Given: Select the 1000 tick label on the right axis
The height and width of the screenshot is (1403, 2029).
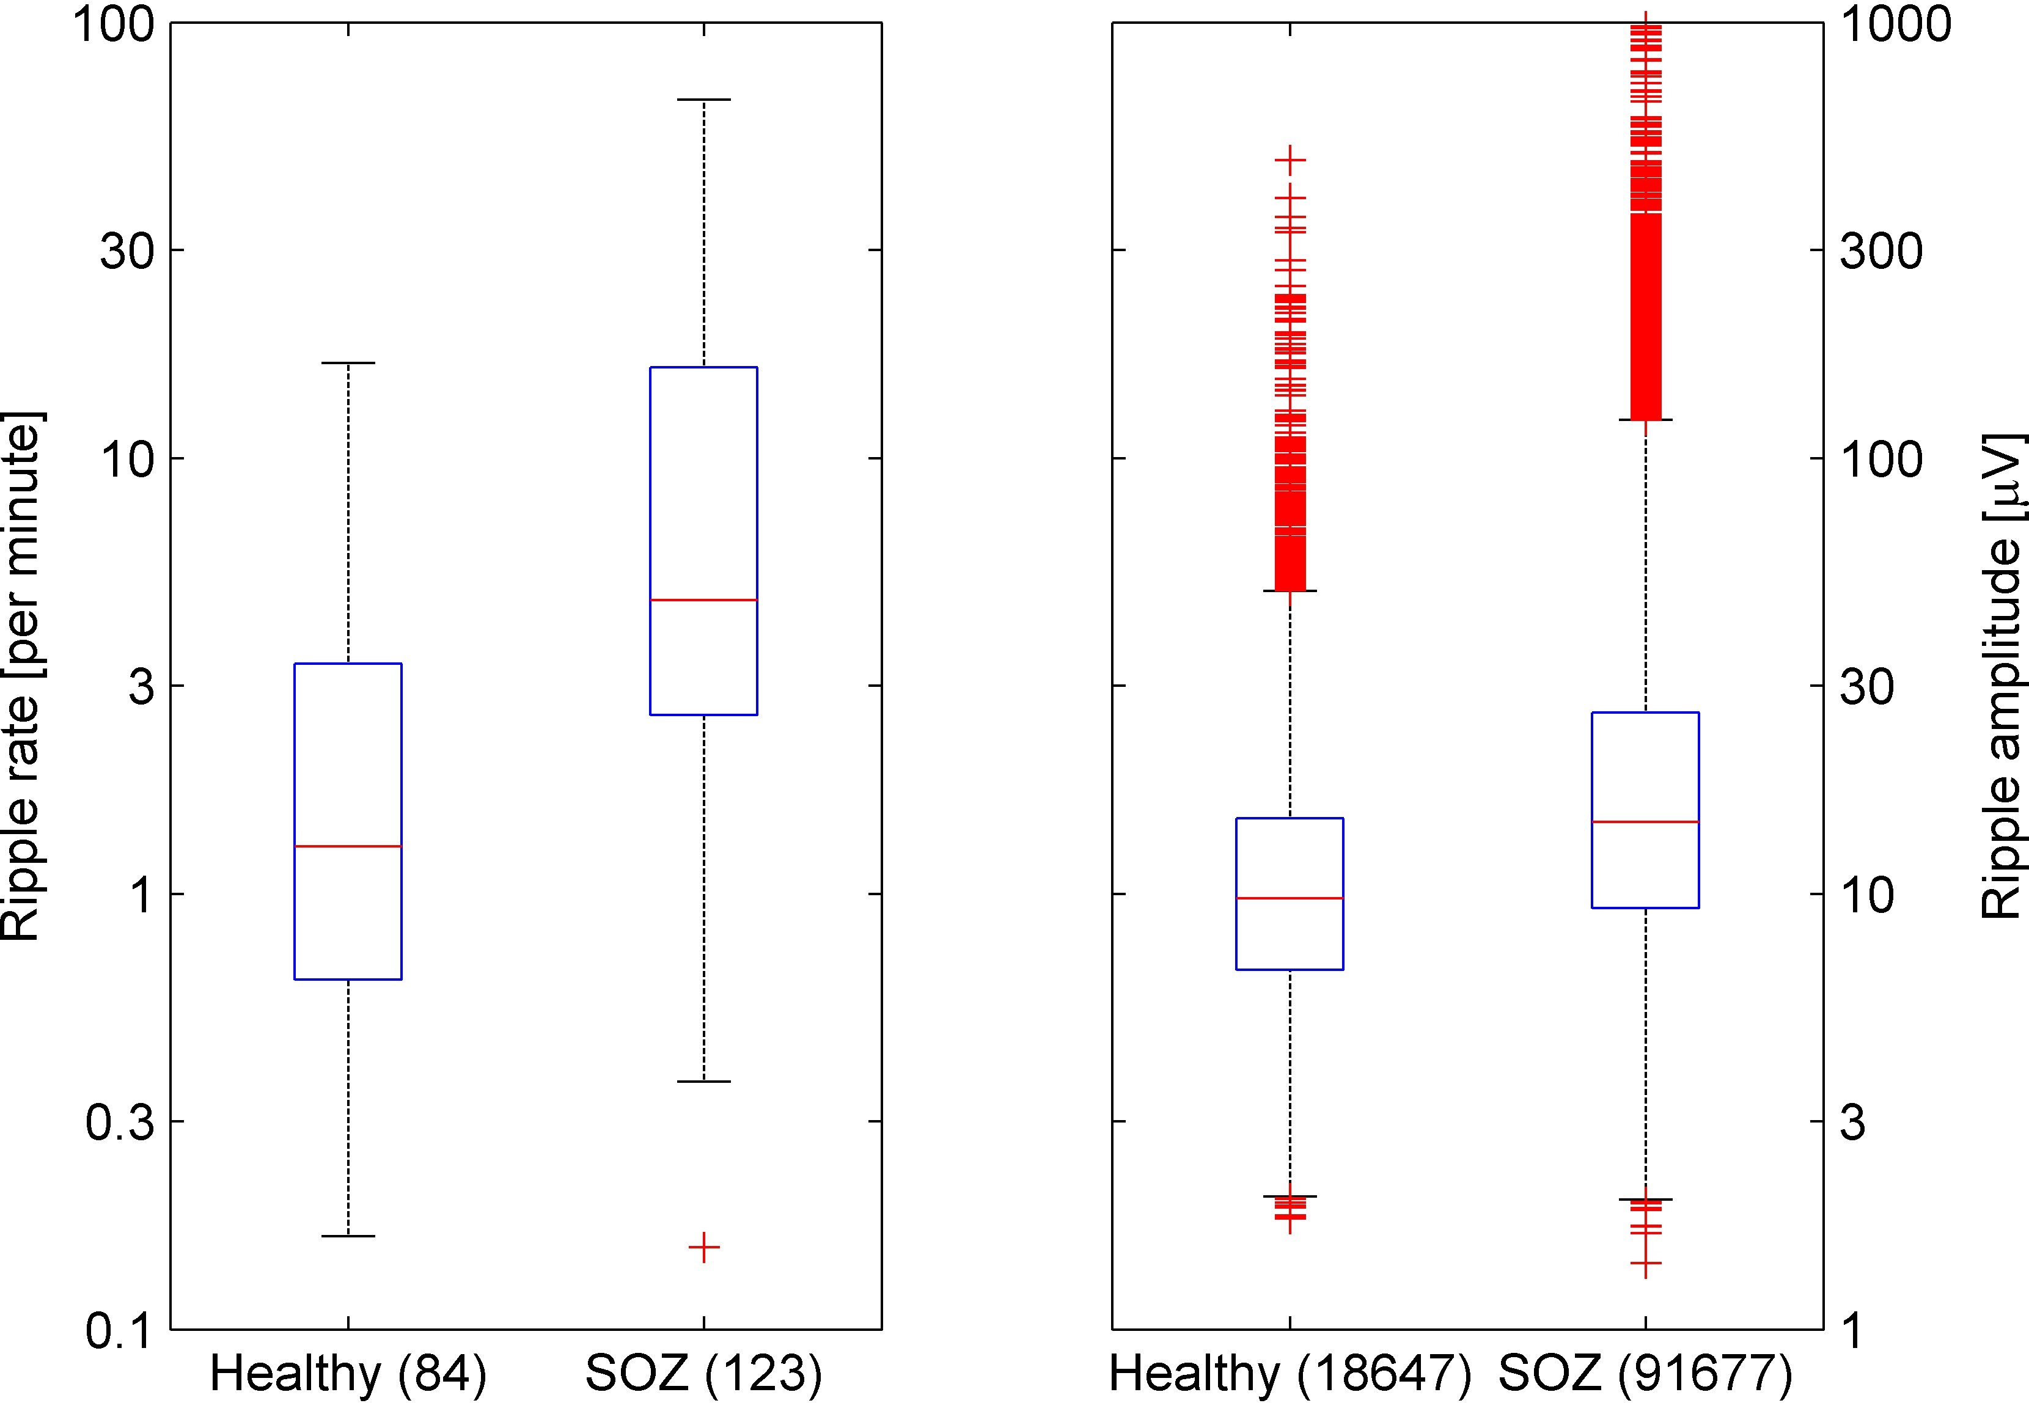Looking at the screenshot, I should click(1895, 24).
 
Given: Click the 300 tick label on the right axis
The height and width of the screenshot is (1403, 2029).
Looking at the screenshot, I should click(1881, 251).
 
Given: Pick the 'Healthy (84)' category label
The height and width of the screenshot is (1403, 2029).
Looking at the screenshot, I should click(348, 1373).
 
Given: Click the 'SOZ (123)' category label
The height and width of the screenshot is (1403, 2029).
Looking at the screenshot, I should click(703, 1373).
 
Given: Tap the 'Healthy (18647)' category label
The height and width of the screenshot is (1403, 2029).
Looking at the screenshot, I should click(1290, 1373).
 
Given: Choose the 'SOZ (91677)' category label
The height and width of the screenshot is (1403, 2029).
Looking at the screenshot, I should click(1645, 1373).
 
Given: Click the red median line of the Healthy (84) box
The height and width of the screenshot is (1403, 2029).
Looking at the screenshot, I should click(348, 846).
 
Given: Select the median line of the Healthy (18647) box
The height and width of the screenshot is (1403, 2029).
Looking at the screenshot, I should click(1290, 898).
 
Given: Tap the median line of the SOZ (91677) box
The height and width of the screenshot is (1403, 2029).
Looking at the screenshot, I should click(1645, 822).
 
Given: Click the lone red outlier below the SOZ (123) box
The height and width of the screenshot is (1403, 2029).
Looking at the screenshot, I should click(703, 1247).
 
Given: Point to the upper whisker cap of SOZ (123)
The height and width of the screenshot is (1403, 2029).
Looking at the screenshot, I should click(703, 100).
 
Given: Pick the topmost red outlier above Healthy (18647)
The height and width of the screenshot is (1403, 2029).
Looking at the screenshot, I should click(1290, 160).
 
